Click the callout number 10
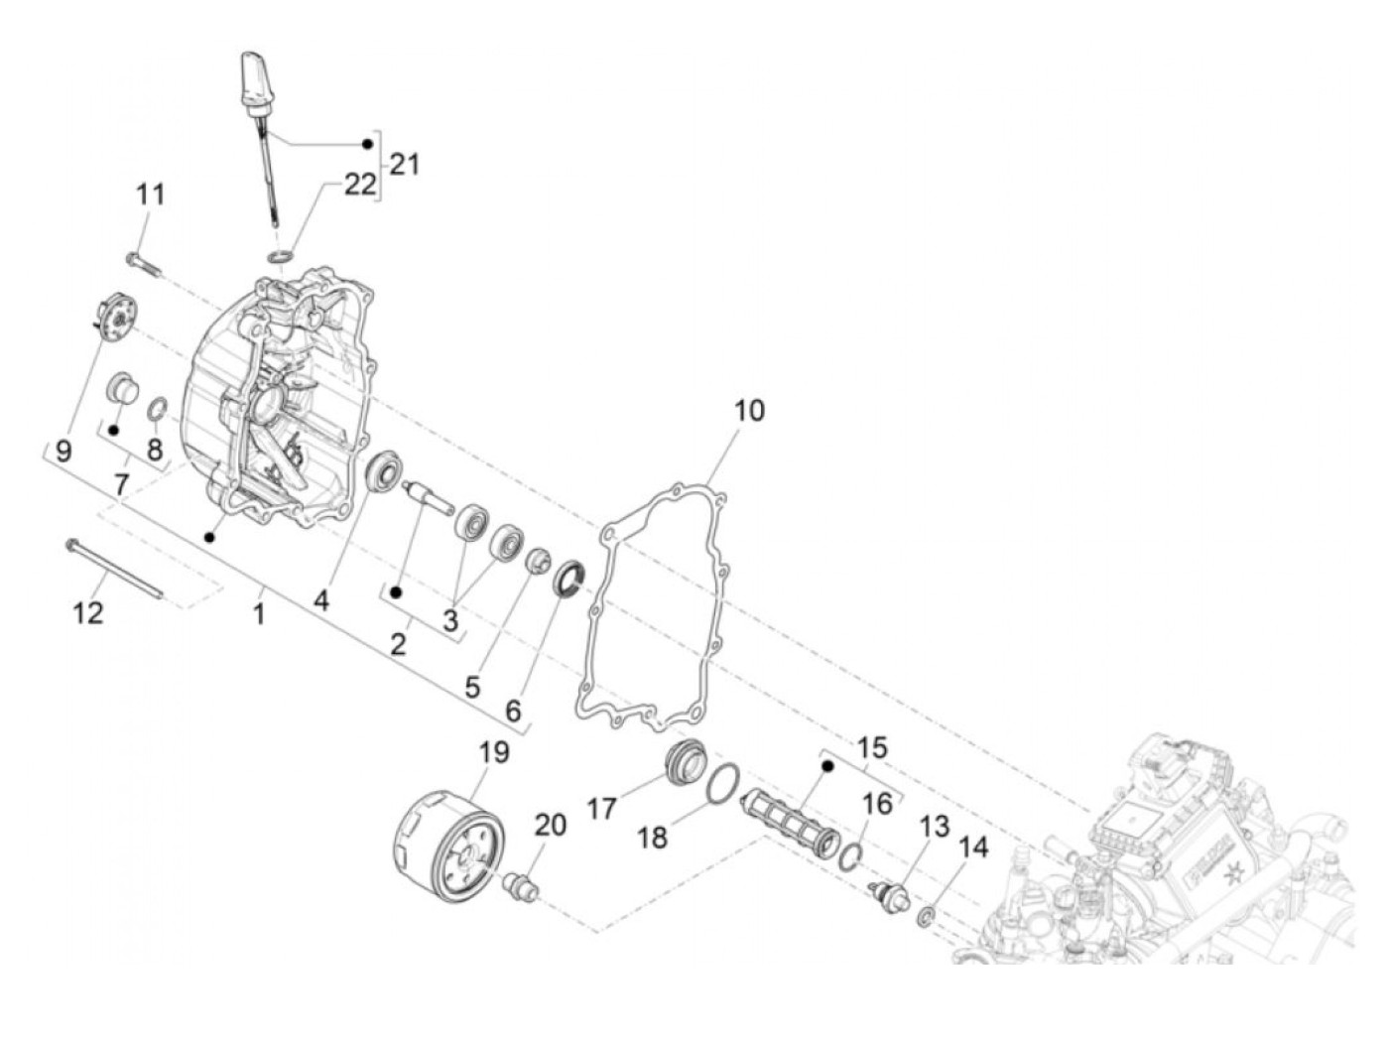click(x=749, y=410)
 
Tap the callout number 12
click(x=88, y=612)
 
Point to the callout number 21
click(x=403, y=164)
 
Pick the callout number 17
click(x=601, y=809)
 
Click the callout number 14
click(x=973, y=848)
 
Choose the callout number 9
click(x=63, y=452)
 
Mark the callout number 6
click(x=513, y=711)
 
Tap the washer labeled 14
click(x=927, y=915)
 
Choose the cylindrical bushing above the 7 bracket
click(x=122, y=388)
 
